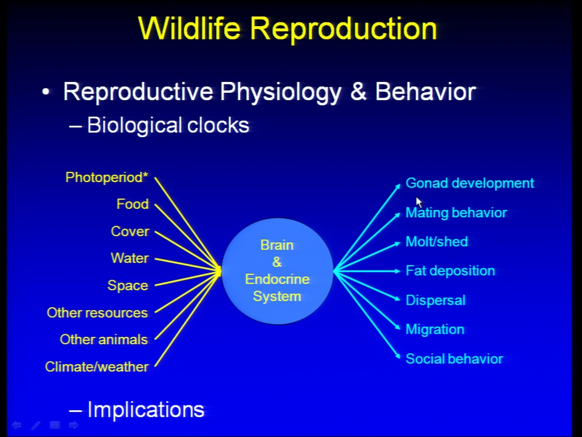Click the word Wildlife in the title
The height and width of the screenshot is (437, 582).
[189, 29]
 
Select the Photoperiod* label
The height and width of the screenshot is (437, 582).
[107, 178]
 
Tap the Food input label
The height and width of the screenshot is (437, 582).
[133, 204]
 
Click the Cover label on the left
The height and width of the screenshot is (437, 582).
[130, 231]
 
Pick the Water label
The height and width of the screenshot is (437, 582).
[130, 258]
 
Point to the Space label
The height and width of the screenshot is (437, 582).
[128, 285]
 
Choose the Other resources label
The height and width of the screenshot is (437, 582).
[97, 313]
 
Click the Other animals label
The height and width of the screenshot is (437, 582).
[104, 339]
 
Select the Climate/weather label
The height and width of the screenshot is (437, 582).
[97, 367]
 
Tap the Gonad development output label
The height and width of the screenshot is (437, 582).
[470, 183]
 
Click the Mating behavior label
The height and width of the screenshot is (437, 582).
[456, 212]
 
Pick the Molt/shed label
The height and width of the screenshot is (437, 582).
[436, 242]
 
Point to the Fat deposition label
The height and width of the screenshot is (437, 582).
[450, 271]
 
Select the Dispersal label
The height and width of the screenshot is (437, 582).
[435, 300]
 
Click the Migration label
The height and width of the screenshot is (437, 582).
[435, 329]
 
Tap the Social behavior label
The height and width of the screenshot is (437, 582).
[454, 359]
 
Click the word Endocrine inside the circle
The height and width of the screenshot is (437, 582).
[277, 279]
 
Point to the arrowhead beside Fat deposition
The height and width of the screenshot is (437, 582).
[397, 271]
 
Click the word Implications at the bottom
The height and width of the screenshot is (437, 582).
[145, 410]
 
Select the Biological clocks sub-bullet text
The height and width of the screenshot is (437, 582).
[168, 125]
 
